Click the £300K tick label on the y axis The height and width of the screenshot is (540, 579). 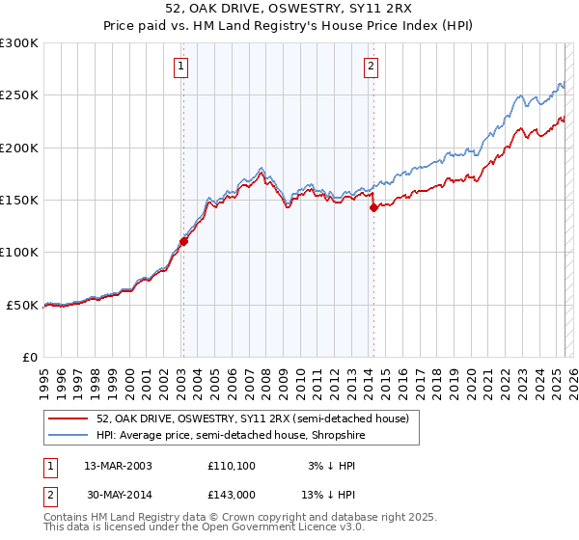point(19,43)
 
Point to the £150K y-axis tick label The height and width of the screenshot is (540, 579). point(19,200)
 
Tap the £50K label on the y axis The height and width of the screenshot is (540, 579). point(22,305)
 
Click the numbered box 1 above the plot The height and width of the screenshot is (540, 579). point(181,67)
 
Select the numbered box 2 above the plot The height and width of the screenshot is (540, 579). point(371,67)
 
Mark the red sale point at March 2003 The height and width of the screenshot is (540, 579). point(183,242)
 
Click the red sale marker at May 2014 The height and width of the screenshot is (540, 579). point(374,207)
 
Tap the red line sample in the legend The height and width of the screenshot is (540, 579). point(68,418)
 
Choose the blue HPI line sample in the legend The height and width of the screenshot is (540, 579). point(68,435)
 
